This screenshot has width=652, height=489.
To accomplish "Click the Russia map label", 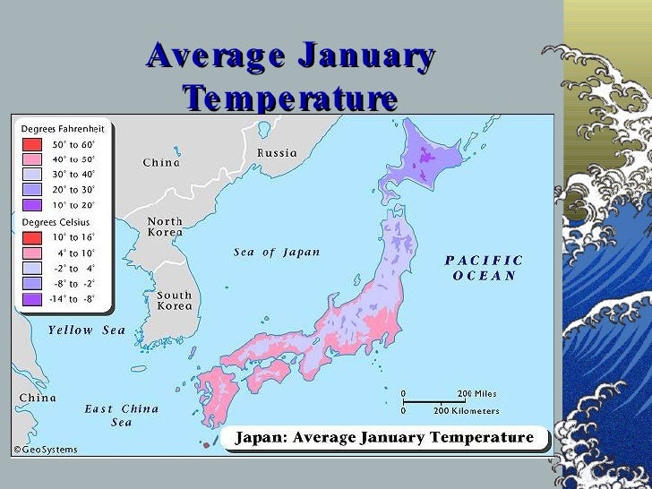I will tap(277, 153).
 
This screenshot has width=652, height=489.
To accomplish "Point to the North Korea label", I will tap(165, 227).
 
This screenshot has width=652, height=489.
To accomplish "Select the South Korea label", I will tap(174, 301).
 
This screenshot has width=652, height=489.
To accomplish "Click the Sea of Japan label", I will tap(277, 253).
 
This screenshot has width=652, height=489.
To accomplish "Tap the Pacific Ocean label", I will tap(485, 268).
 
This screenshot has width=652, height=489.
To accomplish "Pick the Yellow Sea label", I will tap(87, 330).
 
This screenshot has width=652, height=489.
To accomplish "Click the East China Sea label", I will tap(122, 416).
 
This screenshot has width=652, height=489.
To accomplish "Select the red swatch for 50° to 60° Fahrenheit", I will tap(31, 143).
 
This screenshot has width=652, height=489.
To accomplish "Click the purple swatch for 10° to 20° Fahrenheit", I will tap(31, 204).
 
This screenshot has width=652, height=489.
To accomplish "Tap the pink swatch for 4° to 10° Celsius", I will tap(31, 253).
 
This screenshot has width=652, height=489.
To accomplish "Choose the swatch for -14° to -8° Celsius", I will tap(31, 299).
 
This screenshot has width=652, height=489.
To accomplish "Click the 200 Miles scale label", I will tap(477, 394).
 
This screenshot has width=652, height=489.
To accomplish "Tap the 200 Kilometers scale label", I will tap(467, 411).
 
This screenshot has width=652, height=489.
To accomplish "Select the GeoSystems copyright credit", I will tap(45, 450).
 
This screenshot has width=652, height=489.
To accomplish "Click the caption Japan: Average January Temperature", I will tap(383, 438).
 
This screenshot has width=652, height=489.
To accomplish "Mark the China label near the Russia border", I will tap(161, 163).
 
